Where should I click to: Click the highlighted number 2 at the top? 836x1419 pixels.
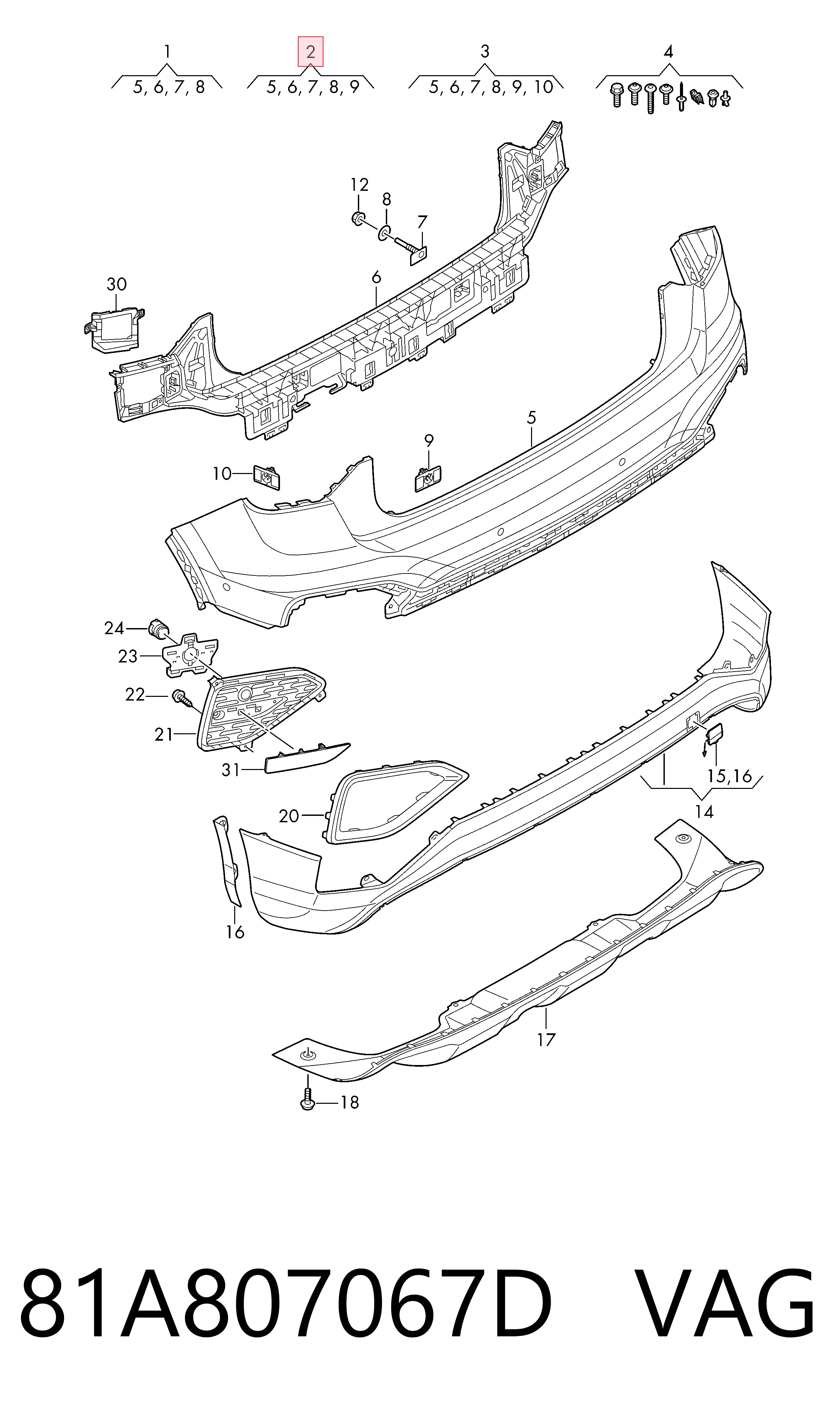(x=310, y=52)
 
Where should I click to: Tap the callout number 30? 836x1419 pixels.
(x=117, y=285)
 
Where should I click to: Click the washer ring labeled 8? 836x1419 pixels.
(x=384, y=233)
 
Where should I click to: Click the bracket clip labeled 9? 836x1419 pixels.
(x=428, y=478)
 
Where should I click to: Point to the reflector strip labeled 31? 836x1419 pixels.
(x=306, y=758)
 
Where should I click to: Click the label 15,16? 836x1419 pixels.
(x=730, y=776)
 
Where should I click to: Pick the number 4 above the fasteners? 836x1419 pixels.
(x=668, y=52)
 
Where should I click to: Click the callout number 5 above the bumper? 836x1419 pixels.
(x=532, y=418)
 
